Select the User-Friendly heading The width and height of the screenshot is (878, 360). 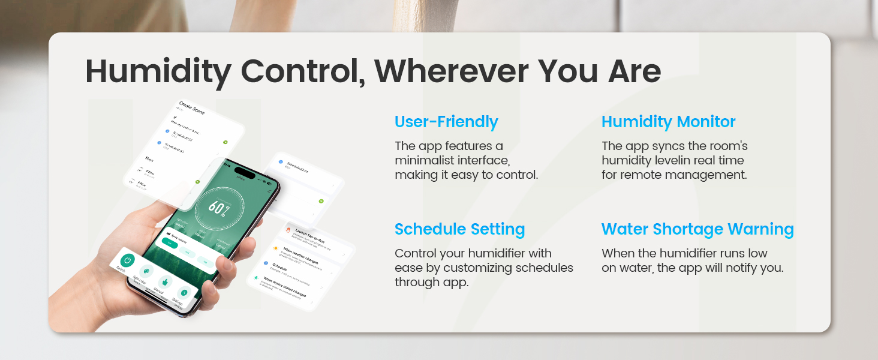coord(446,122)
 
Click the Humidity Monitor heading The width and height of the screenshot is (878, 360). coord(668,122)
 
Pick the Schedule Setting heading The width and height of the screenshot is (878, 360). coord(459,229)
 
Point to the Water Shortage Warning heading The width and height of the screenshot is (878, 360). coord(697,229)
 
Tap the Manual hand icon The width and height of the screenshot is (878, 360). coord(164,282)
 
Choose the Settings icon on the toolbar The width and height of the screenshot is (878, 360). coord(185,292)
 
